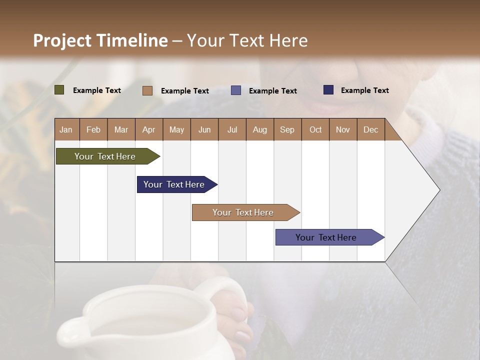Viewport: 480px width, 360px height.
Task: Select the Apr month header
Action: (x=149, y=129)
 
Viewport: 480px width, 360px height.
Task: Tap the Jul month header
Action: (x=232, y=129)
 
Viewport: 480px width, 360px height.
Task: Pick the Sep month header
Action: (x=287, y=129)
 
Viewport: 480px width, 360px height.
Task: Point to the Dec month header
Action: (x=371, y=129)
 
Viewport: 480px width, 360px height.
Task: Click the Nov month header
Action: (x=343, y=129)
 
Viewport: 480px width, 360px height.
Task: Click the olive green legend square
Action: (x=59, y=90)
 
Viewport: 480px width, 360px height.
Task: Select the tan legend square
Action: (x=147, y=90)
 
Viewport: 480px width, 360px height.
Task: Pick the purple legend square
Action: (x=236, y=90)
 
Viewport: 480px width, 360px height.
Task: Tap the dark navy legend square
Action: (x=328, y=90)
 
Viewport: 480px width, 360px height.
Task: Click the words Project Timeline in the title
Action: (x=100, y=40)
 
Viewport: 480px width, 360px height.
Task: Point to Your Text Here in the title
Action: (x=247, y=40)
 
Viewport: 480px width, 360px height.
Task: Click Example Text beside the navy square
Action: (x=364, y=90)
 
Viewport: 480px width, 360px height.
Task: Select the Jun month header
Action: (x=204, y=129)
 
